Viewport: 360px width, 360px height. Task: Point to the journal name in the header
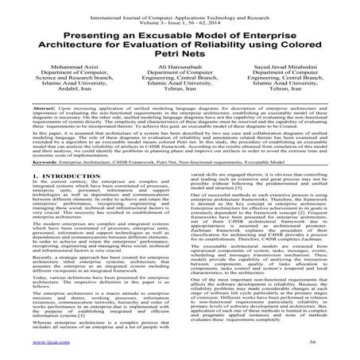180,7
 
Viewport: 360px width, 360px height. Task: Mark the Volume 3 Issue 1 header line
180,14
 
